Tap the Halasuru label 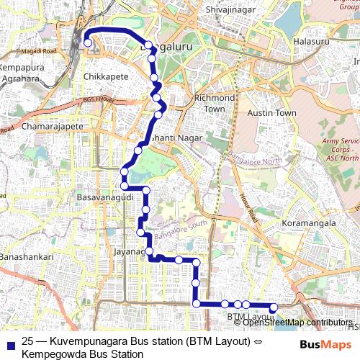pyautogui.click(x=312, y=42)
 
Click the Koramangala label pyautogui.click(x=311, y=224)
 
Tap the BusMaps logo pyautogui.click(x=321, y=343)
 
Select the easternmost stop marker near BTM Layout pyautogui.click(x=273, y=307)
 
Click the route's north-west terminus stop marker pyautogui.click(x=88, y=43)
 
